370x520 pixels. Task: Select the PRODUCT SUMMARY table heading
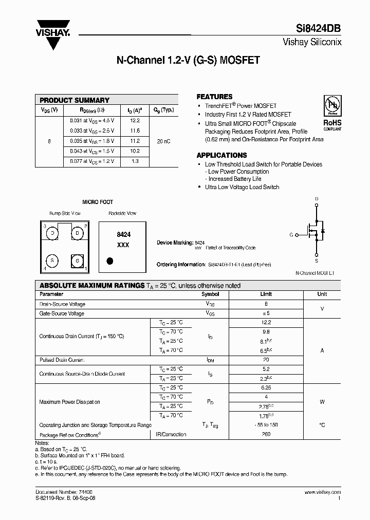(75, 100)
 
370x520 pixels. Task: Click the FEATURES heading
(214, 97)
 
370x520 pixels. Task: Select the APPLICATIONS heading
(221, 155)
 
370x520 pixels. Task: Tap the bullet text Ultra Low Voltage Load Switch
(242, 187)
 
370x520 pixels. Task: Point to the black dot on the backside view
(109, 260)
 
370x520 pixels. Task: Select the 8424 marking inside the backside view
(123, 234)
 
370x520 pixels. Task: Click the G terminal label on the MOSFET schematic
(291, 234)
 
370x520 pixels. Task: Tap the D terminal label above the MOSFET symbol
(317, 198)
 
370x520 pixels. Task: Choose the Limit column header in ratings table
(266, 294)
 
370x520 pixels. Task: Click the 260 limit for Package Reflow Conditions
(266, 434)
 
